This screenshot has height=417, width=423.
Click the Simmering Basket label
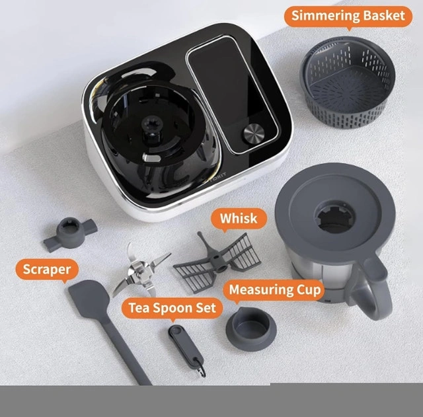(348, 16)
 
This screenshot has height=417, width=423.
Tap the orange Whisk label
(239, 219)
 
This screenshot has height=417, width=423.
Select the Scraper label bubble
(47, 269)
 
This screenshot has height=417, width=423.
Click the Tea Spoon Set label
(172, 308)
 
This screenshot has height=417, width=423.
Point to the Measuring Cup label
(275, 290)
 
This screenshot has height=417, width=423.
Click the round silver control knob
(254, 132)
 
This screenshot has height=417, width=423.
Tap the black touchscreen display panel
(232, 95)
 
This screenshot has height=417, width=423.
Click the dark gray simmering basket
(348, 82)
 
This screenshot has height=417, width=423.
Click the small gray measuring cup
(251, 328)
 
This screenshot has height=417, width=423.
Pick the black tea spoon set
(186, 349)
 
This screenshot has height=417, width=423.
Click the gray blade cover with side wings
(69, 233)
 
